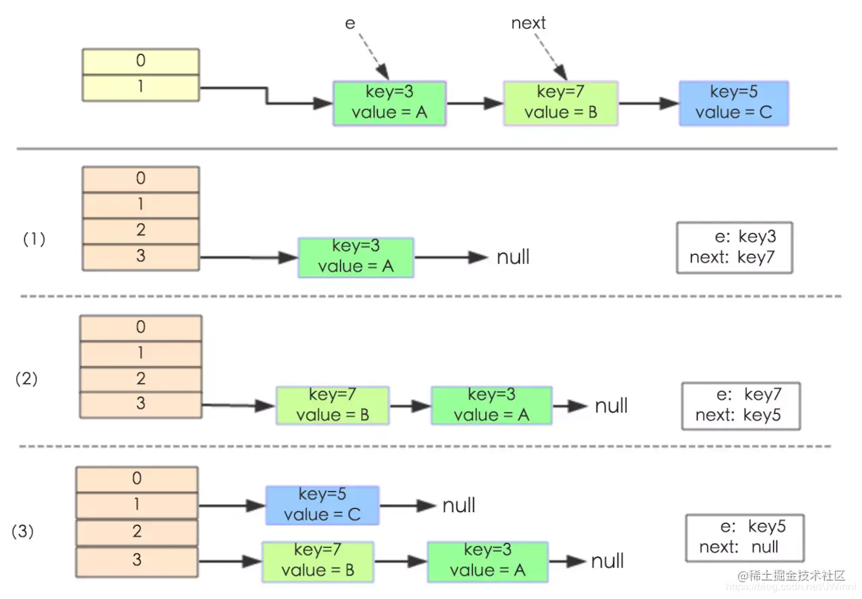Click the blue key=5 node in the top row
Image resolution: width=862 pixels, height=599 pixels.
tap(733, 103)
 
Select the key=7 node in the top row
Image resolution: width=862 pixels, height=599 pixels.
tap(560, 103)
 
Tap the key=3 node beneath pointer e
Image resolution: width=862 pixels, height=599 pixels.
tap(389, 103)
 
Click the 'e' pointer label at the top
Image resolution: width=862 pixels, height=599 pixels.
tap(350, 23)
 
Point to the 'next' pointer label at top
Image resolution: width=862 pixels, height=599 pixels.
tap(529, 23)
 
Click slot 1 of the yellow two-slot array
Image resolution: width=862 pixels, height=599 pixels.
tap(141, 88)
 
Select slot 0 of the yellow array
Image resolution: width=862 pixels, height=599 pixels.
tap(141, 61)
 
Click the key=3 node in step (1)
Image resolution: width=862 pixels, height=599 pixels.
tap(356, 257)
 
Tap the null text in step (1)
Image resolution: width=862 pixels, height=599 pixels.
tap(513, 257)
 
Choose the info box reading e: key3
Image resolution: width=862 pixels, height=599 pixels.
tap(734, 247)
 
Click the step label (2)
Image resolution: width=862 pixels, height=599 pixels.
tap(27, 379)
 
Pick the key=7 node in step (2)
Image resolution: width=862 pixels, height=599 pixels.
tap(333, 405)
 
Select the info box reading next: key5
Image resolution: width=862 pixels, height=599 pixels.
tap(741, 406)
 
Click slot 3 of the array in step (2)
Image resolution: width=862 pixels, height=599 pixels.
tap(141, 404)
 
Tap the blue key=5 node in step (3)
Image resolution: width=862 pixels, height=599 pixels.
tap(323, 505)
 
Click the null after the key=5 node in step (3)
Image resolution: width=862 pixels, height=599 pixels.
tap(459, 505)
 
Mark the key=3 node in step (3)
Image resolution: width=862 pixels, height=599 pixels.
tap(488, 561)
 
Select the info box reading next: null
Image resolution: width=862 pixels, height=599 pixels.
tap(745, 537)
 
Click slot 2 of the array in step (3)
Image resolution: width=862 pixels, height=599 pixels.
tap(137, 532)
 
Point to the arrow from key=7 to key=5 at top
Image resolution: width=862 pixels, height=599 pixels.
tap(648, 103)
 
